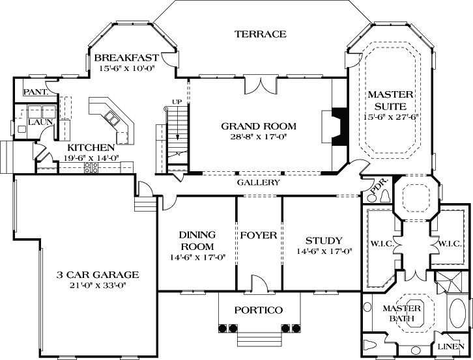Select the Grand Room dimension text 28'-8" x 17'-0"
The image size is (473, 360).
(x=258, y=137)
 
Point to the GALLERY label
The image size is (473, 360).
(x=258, y=183)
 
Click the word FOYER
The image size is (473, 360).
(x=259, y=235)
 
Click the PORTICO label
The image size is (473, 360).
(x=259, y=310)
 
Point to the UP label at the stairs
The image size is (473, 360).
(x=177, y=102)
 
